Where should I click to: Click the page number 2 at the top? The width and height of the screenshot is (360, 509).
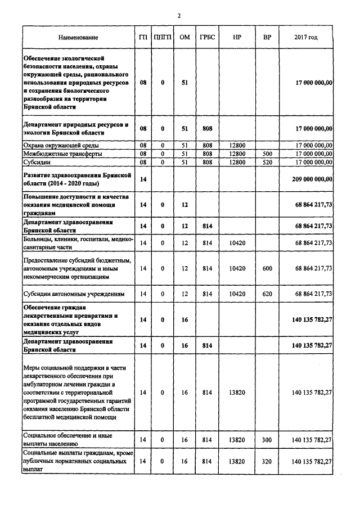pos(179,15)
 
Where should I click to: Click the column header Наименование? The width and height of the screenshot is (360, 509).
pos(78,38)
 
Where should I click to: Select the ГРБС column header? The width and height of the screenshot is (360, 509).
pos(206,38)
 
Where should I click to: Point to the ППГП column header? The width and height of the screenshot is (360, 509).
pos(163,38)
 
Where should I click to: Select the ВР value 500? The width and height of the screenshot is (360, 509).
pos(267,154)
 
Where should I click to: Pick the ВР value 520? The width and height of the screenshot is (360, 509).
pos(267,162)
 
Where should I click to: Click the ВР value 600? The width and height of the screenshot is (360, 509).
pos(267,269)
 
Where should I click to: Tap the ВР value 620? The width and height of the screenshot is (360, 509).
pos(267,294)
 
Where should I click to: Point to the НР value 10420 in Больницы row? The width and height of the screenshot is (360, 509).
pos(237,243)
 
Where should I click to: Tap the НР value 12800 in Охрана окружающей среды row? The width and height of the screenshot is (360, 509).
pos(237,145)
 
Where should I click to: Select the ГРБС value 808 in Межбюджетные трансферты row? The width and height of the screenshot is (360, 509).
pos(206,154)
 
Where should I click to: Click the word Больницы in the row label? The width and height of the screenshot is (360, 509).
pos(38,240)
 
